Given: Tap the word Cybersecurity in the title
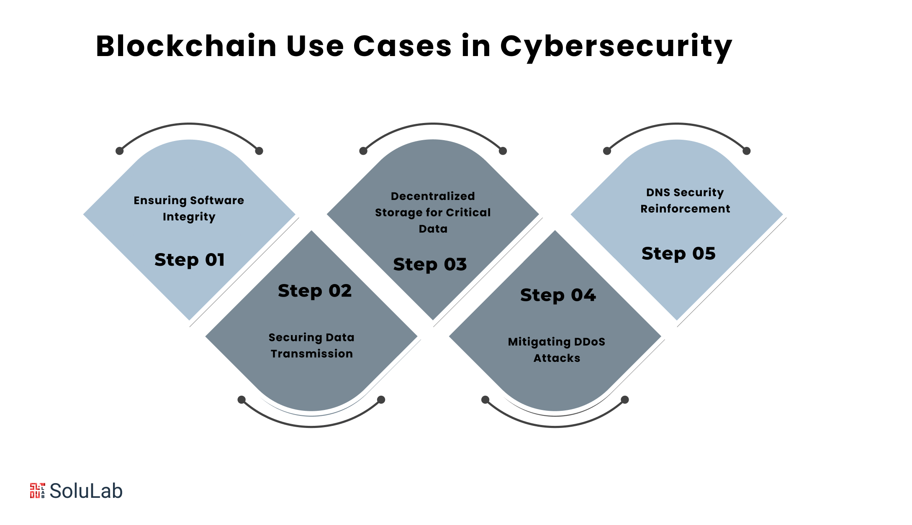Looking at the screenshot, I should [616, 46].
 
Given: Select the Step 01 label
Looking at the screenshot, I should [190, 260].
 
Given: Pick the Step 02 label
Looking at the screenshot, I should [315, 291].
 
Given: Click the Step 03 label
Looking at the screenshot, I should [430, 264].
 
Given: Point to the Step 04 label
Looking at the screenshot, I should [558, 295].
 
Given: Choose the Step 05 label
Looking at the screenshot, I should [678, 254].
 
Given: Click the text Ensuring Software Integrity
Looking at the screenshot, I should [189, 208].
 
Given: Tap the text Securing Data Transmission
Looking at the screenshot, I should [311, 346].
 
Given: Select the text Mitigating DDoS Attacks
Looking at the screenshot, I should [557, 350].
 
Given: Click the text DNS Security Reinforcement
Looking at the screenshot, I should [685, 200].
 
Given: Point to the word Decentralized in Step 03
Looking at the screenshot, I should [433, 196].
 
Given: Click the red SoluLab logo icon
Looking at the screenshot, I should [37, 491].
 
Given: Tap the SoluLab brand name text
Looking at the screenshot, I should [86, 491].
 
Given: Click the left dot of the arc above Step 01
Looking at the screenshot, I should [120, 151].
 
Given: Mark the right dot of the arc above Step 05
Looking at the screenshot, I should [747, 151].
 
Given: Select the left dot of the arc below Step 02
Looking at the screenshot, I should [241, 400].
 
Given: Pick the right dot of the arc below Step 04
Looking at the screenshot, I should [625, 400].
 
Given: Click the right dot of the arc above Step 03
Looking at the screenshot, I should [503, 151].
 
